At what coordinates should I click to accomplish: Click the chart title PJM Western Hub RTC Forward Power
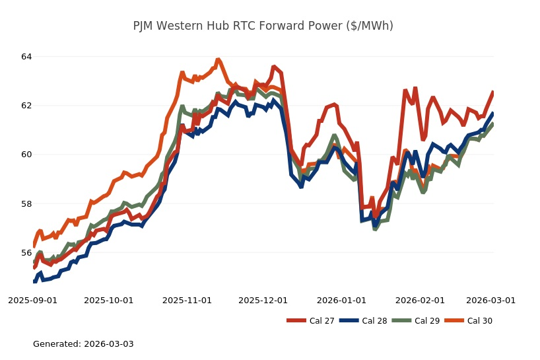tap(263, 26)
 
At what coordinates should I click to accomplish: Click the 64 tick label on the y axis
tap(26, 57)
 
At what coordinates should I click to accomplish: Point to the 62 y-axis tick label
tap(26, 106)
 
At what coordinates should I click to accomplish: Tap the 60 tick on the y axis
tap(26, 155)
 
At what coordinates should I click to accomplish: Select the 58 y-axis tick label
tap(26, 204)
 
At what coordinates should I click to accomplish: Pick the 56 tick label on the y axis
tap(26, 253)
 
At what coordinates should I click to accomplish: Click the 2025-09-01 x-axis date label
tap(32, 300)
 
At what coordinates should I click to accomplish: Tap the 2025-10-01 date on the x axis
tap(108, 300)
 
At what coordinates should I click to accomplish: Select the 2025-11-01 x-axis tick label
tap(187, 300)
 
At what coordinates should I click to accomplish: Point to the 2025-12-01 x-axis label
tap(263, 300)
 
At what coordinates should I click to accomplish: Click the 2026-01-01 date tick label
tap(341, 300)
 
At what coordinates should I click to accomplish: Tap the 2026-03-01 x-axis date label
tap(490, 300)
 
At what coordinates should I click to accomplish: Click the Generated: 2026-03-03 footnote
tap(83, 344)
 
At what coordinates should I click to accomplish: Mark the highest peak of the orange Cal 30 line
tap(218, 60)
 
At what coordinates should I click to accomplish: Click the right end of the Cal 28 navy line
tap(493, 113)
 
